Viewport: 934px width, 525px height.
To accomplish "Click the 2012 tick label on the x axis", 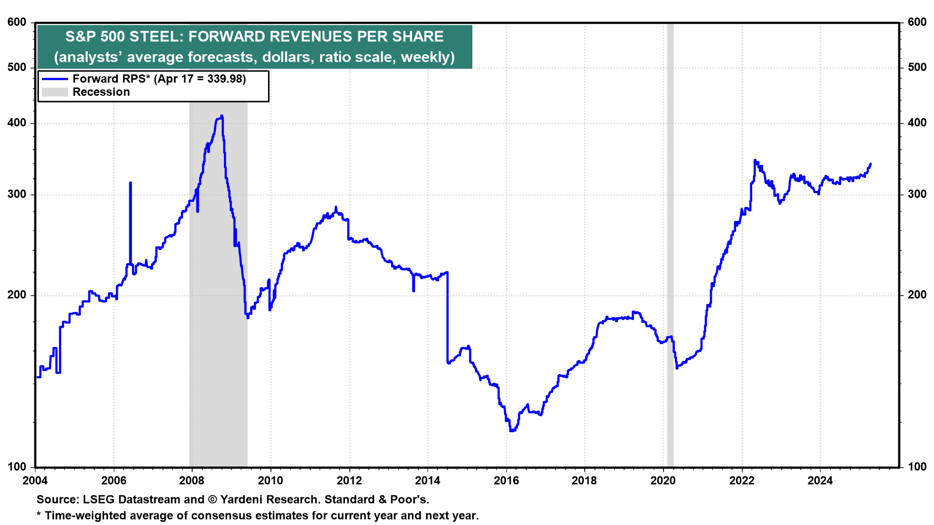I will pos(349,481).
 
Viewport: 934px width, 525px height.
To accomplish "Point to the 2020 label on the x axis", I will pos(663,481).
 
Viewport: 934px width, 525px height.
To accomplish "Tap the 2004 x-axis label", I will pos(35,481).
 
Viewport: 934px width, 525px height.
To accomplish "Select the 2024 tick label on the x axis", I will pos(820,481).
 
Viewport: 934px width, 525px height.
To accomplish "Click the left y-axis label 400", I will pos(17,123).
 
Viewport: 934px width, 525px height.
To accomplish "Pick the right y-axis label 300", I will pos(917,194).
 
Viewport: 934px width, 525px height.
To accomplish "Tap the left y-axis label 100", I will pos(17,467).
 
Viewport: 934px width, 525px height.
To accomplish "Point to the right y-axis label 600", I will pos(917,22).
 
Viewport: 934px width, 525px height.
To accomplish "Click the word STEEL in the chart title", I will pos(156,36).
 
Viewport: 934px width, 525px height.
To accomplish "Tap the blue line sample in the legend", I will pos(54,79).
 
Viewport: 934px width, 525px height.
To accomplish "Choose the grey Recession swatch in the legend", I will pos(54,92).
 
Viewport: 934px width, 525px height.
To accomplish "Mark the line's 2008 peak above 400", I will pos(222,116).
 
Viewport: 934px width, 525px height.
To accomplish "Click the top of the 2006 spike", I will pos(130,183).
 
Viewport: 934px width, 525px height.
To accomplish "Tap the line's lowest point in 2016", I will pos(511,431).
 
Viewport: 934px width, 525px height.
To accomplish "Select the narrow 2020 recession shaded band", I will pos(670,243).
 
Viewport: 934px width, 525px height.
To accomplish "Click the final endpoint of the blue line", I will pos(870,164).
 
